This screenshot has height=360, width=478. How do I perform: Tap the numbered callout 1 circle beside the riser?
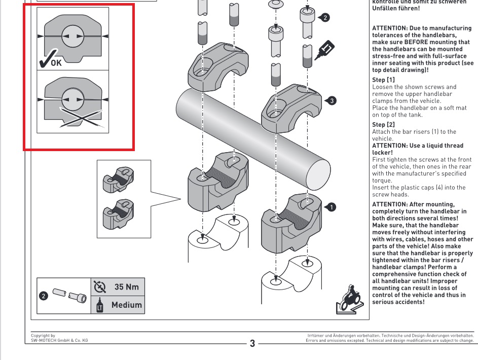click(330, 207)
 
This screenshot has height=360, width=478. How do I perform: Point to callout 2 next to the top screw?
click(325, 18)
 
